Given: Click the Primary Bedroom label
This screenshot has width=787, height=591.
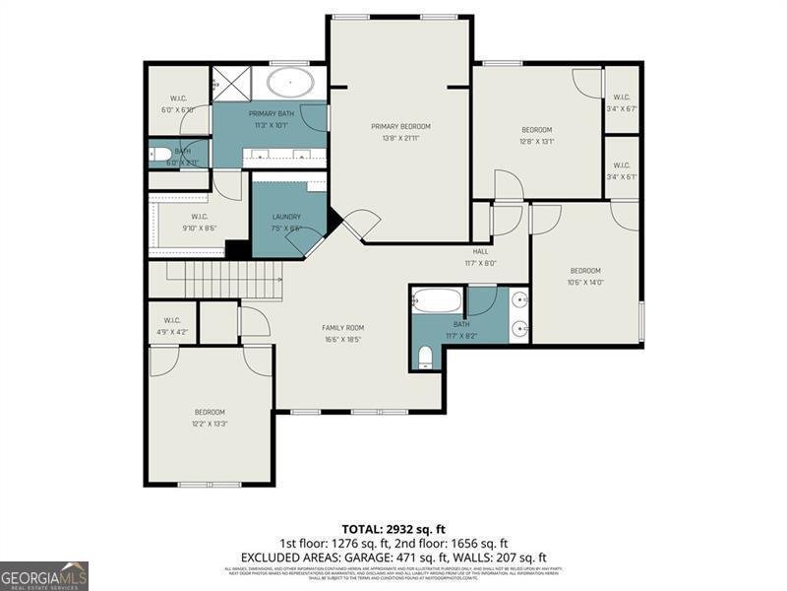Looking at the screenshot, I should pyautogui.click(x=400, y=126).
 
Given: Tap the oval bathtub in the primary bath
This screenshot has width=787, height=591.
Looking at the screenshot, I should pyautogui.click(x=292, y=83).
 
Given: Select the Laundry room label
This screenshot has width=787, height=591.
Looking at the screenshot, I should pyautogui.click(x=286, y=217).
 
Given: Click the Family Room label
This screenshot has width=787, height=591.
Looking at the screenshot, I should pyautogui.click(x=343, y=327).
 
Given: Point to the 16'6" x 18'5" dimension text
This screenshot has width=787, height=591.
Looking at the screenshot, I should pyautogui.click(x=343, y=340).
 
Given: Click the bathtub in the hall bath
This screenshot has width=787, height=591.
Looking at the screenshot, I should pyautogui.click(x=436, y=299).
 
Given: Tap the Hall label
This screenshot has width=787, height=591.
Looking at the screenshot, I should pyautogui.click(x=480, y=251).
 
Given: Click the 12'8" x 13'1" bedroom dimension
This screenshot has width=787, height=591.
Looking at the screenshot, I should pyautogui.click(x=536, y=141).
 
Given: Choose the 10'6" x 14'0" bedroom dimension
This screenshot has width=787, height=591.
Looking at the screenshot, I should pyautogui.click(x=585, y=282).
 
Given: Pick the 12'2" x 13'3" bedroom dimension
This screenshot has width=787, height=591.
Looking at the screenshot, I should pyautogui.click(x=210, y=424).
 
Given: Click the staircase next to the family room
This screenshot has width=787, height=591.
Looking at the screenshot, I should pyautogui.click(x=223, y=281).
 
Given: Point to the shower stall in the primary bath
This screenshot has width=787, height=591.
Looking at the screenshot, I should pyautogui.click(x=233, y=83).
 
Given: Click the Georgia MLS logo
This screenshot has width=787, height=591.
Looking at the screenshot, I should pyautogui.click(x=44, y=575).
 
